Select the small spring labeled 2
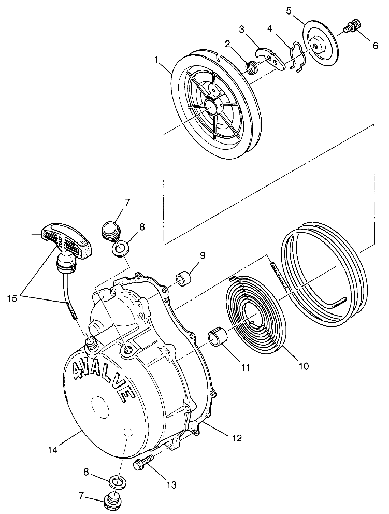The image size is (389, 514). [252, 67]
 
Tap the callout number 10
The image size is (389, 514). [303, 366]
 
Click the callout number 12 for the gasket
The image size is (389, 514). [236, 438]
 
